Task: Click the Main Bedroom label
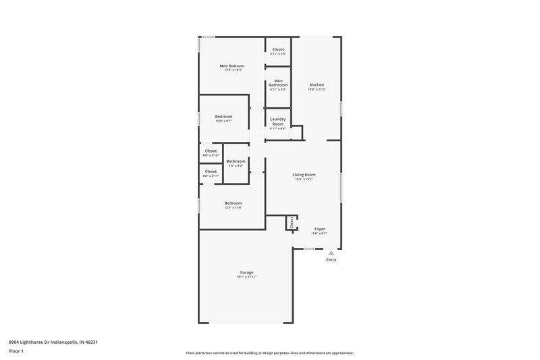pyautogui.click(x=232, y=66)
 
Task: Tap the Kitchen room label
pyautogui.click(x=317, y=85)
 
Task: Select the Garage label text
pyautogui.click(x=246, y=272)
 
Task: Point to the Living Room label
pyautogui.click(x=304, y=175)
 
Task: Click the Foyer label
pyautogui.click(x=319, y=229)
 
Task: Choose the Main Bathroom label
pyautogui.click(x=278, y=83)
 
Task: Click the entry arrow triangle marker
pyautogui.click(x=331, y=253)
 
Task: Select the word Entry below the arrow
pyautogui.click(x=331, y=260)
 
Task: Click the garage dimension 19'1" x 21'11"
pyautogui.click(x=246, y=277)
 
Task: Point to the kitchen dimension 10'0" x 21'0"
pyautogui.click(x=317, y=90)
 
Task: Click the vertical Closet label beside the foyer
pyautogui.click(x=292, y=223)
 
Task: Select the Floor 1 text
pyautogui.click(x=16, y=352)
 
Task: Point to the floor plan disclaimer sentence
pyautogui.click(x=269, y=353)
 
